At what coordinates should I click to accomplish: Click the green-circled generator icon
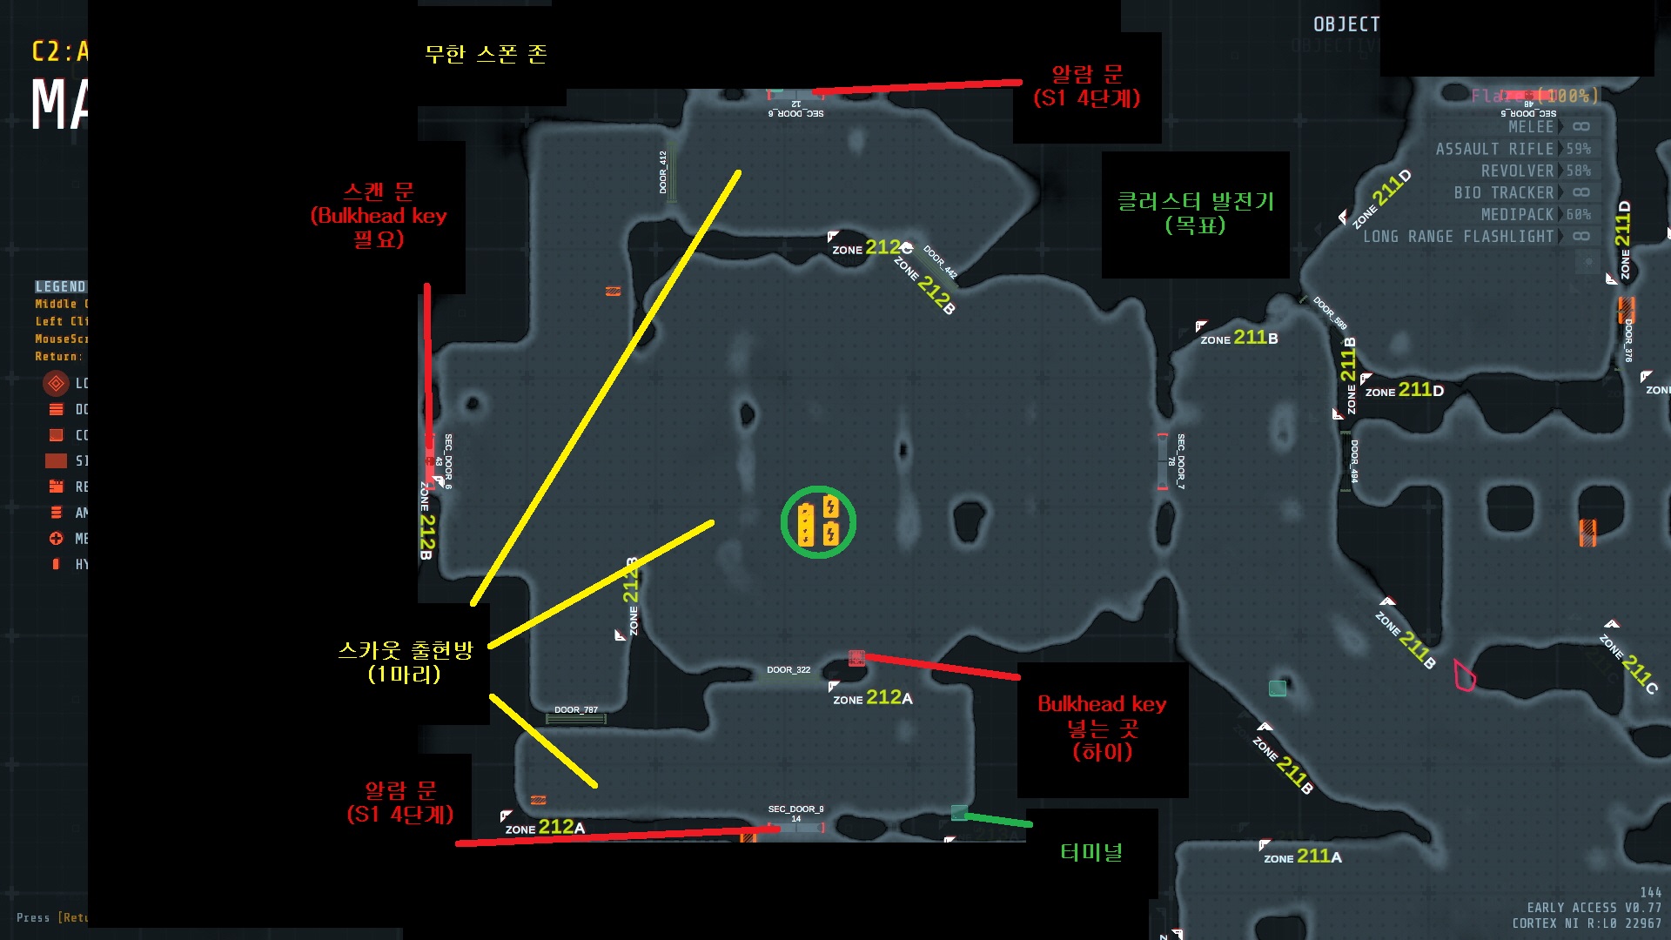click(818, 522)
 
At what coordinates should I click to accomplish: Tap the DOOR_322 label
click(789, 670)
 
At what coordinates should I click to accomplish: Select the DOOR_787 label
click(576, 710)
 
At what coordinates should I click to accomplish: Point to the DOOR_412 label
click(663, 171)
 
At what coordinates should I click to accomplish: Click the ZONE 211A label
click(1303, 857)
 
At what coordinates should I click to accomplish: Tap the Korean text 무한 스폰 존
click(486, 54)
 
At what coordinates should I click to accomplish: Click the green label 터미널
click(1091, 852)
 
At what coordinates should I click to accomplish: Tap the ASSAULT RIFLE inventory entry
click(1494, 150)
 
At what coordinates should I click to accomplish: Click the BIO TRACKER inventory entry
click(1503, 193)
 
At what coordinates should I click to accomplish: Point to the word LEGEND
click(60, 286)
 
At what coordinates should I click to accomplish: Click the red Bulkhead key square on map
click(856, 658)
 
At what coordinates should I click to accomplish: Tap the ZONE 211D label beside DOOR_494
click(1404, 391)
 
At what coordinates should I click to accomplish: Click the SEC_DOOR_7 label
click(1181, 461)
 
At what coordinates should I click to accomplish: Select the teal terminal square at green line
click(959, 813)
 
